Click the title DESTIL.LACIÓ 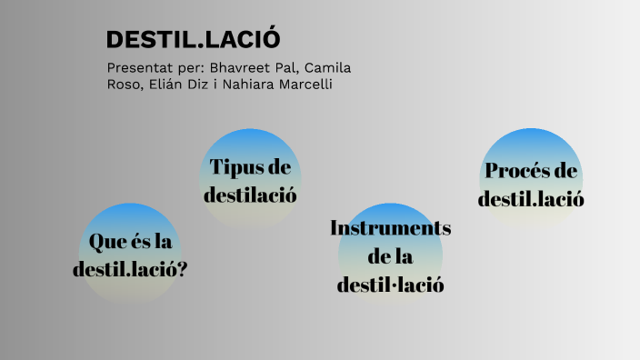click(x=193, y=40)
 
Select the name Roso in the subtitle click(x=123, y=85)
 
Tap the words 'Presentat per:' click(x=155, y=68)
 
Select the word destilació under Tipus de click(x=250, y=195)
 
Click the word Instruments click(x=390, y=227)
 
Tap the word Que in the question click(x=105, y=242)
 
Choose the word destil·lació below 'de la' click(x=390, y=285)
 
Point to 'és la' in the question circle click(x=149, y=242)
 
